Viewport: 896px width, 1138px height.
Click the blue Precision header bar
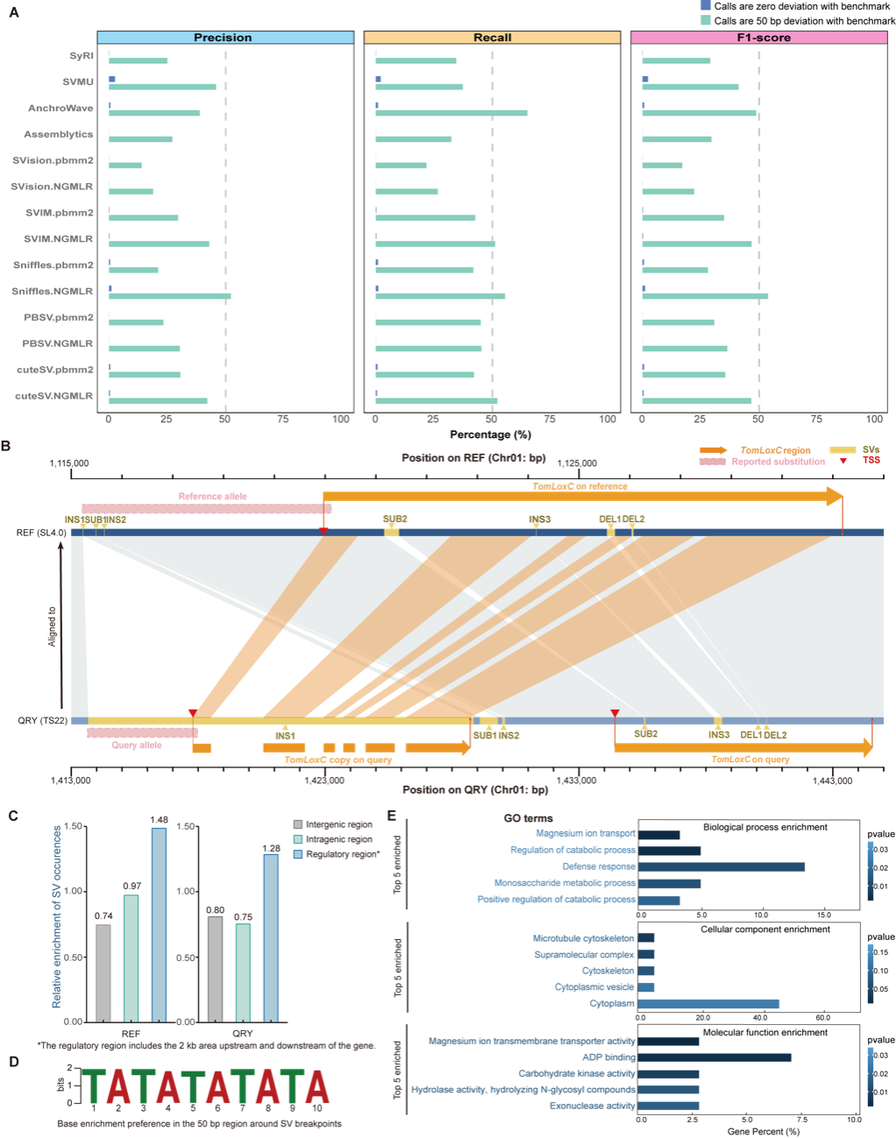pos(224,38)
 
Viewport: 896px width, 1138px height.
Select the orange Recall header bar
pos(492,38)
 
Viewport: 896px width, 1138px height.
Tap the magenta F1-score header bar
pos(758,38)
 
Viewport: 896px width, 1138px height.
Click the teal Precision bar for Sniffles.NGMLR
pos(169,296)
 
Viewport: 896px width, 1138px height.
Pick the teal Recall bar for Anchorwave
pos(452,113)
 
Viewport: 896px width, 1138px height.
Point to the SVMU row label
pos(77,81)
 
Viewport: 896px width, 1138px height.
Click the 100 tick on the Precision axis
pos(340,420)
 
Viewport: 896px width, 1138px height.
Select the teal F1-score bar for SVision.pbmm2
pos(663,165)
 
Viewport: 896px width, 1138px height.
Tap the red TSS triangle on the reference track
pos(324,531)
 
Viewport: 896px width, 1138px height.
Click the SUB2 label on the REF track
pos(395,520)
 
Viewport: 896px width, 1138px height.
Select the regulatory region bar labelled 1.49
pos(159,924)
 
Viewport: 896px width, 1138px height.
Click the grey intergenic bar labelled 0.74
pos(103,972)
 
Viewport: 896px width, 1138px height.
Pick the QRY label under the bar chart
pos(242,1034)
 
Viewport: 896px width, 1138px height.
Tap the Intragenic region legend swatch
pos(298,839)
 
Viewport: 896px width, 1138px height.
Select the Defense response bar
pos(722,866)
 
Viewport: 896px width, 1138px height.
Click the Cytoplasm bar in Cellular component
pos(708,1003)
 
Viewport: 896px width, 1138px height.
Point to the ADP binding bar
pos(715,1057)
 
